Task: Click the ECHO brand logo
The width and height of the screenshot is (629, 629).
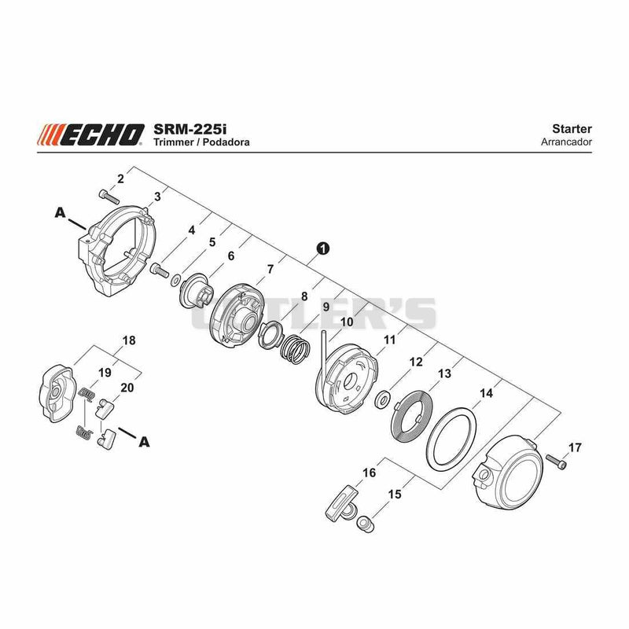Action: (x=90, y=134)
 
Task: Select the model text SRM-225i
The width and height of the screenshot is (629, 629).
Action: (x=190, y=129)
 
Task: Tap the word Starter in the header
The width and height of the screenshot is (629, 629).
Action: (x=572, y=129)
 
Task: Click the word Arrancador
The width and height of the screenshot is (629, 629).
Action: (x=566, y=142)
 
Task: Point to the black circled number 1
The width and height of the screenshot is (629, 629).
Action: (x=323, y=248)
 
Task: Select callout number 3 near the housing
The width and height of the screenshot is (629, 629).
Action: (x=157, y=197)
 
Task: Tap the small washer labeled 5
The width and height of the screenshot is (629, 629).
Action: (x=175, y=280)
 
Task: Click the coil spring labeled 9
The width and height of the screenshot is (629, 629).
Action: (x=296, y=348)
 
